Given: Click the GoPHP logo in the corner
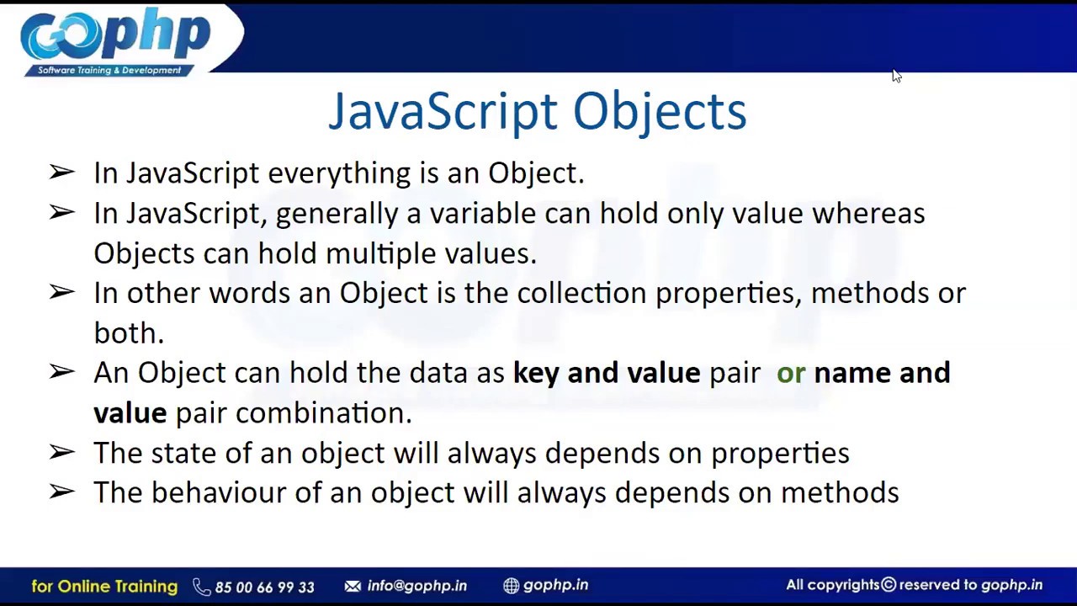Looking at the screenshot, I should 115,40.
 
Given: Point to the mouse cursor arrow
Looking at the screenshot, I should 896,76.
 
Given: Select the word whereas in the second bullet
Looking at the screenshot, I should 867,214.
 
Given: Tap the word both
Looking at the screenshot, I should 128,333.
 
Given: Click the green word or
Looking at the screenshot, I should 790,373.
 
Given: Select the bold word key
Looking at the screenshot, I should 535,373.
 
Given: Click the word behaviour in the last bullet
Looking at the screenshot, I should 218,492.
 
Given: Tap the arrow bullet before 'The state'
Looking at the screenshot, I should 61,452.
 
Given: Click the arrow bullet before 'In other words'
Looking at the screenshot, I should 61,292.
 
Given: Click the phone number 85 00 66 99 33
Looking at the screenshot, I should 264,587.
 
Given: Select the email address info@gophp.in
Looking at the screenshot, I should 416,586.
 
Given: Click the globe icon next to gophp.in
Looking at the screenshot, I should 511,586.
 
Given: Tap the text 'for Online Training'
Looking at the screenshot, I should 104,586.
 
